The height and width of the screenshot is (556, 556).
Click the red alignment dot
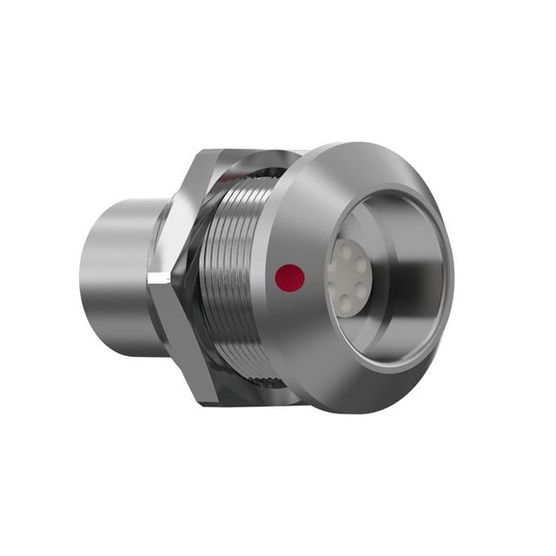pyautogui.click(x=289, y=278)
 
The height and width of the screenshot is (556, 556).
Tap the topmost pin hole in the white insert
pyautogui.click(x=346, y=250)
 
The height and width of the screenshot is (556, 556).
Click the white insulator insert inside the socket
pyautogui.click(x=347, y=276)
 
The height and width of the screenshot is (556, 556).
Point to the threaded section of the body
pyautogui.click(x=235, y=278)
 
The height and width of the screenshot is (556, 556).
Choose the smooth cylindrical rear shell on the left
pyautogui.click(x=117, y=269)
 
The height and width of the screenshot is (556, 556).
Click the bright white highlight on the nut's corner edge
pyautogui.click(x=156, y=279)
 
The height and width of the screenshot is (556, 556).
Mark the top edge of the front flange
pyautogui.click(x=347, y=146)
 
